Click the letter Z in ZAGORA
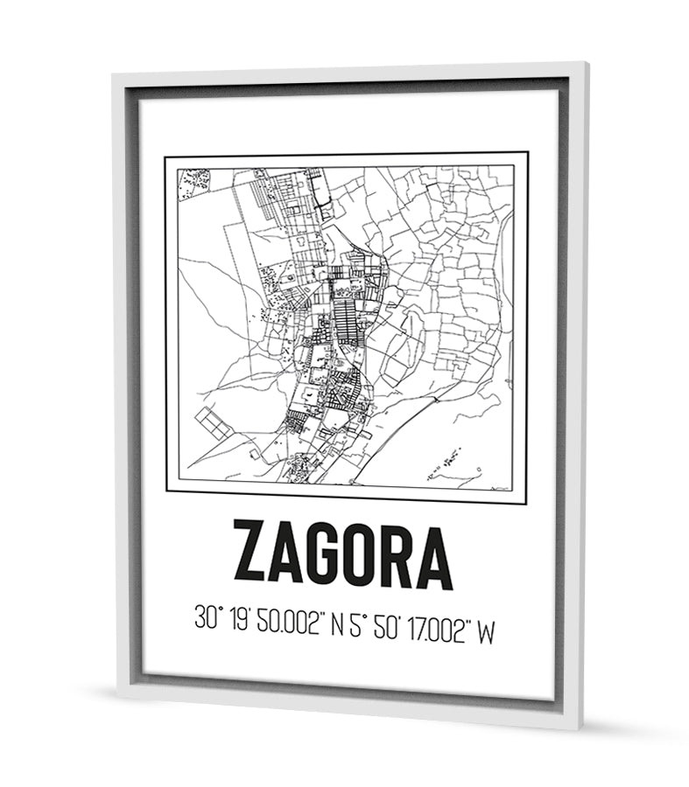[251, 554]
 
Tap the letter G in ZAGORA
[323, 554]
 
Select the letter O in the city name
[361, 554]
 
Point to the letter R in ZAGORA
[397, 554]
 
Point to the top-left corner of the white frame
[116, 78]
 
